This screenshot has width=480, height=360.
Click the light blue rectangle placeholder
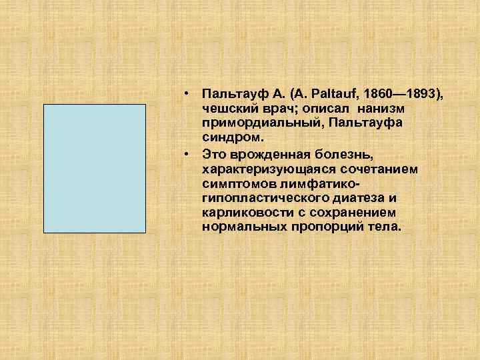click(x=94, y=168)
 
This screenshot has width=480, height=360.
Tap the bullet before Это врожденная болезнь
click(x=189, y=155)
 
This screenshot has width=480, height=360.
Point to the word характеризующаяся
click(x=265, y=169)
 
